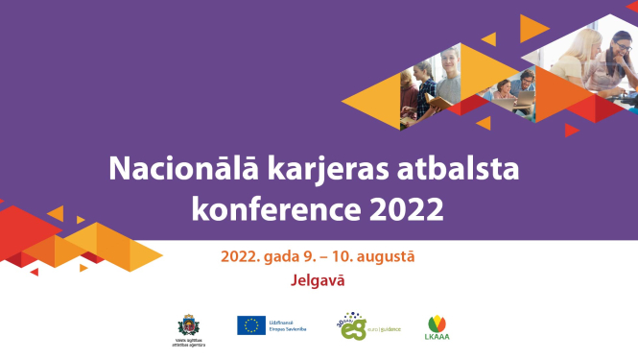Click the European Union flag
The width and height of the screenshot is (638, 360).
pos(251,325)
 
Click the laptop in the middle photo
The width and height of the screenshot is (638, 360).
pos(524,98)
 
